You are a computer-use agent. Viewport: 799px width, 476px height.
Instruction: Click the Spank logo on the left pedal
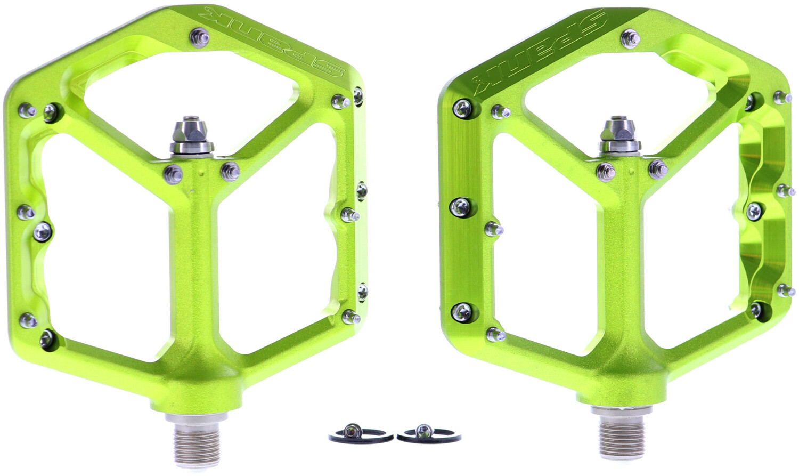tap(271, 42)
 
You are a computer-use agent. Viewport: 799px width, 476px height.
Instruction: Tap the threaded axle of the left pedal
tap(196, 435)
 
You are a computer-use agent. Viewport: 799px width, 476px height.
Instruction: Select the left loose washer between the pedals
tap(360, 434)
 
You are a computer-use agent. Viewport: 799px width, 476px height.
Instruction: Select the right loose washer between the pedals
tap(429, 434)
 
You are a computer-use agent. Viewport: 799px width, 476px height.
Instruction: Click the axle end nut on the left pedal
tap(191, 137)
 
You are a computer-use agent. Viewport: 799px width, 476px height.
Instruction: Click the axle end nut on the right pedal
tap(619, 137)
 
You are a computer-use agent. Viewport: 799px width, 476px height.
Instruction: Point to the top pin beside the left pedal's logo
tap(199, 37)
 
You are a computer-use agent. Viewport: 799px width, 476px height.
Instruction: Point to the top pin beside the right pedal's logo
tap(630, 39)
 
